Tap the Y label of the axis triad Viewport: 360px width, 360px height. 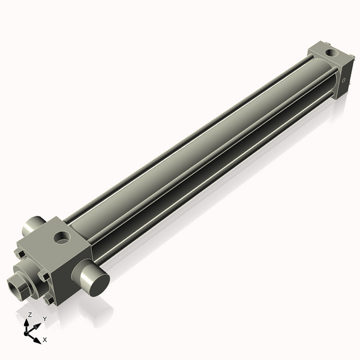coord(44,318)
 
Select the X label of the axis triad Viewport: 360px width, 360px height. coord(44,340)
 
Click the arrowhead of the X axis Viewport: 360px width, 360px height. coord(38,337)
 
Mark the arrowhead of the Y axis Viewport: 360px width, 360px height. coord(38,323)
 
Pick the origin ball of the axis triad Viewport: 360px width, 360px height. coord(28,330)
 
